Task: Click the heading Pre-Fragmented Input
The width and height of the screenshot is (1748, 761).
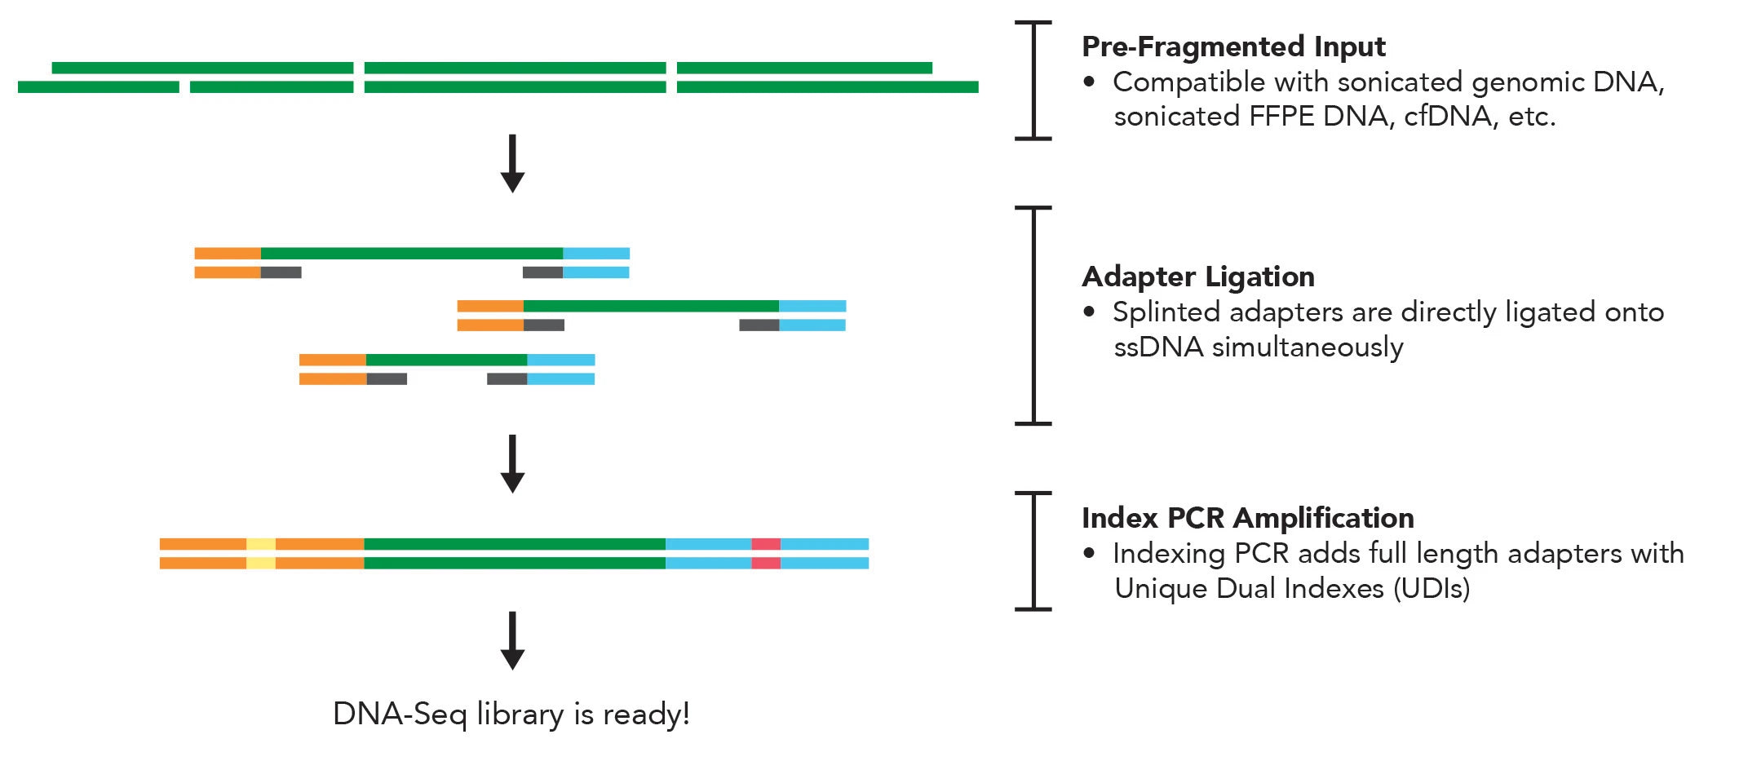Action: point(1232,47)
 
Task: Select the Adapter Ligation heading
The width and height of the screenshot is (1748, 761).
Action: point(1197,277)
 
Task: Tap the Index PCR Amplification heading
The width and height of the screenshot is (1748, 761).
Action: point(1247,519)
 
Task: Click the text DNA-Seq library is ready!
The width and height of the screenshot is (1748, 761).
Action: point(511,715)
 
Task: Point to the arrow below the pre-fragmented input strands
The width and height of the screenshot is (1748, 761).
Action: point(512,163)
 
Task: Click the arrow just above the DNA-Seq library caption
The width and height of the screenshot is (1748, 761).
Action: point(512,640)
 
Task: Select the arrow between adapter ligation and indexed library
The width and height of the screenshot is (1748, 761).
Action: point(512,463)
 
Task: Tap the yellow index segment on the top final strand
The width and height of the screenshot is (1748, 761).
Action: point(261,544)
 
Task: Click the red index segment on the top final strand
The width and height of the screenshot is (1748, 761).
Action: point(765,544)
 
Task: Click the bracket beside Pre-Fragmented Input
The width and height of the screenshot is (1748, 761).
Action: point(1033,81)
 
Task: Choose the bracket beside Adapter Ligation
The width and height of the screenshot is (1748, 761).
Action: point(1033,316)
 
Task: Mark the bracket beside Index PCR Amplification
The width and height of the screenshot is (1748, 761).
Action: point(1033,551)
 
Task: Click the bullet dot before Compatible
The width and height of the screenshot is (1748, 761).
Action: point(1089,82)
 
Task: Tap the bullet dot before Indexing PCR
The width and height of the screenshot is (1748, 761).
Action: point(1089,554)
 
